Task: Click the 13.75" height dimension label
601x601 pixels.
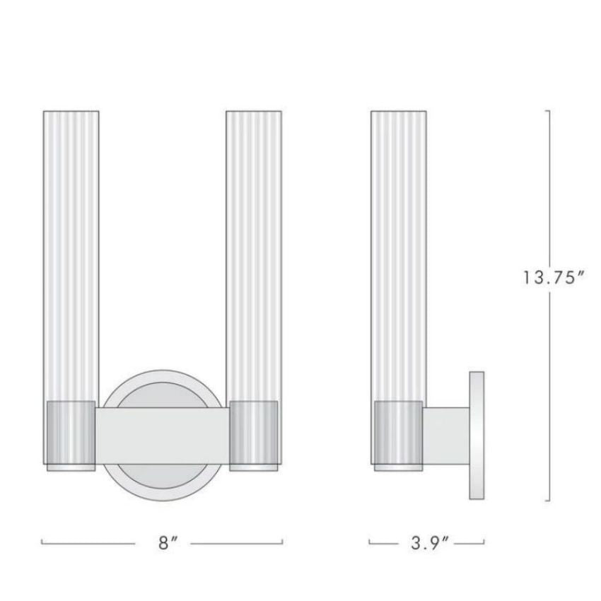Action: point(552,278)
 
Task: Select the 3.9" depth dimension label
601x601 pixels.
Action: point(427,544)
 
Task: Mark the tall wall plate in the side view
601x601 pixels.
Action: point(477,435)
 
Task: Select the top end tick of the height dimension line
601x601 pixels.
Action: point(547,110)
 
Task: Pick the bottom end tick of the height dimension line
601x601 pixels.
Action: point(547,501)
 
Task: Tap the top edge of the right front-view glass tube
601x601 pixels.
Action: point(254,111)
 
